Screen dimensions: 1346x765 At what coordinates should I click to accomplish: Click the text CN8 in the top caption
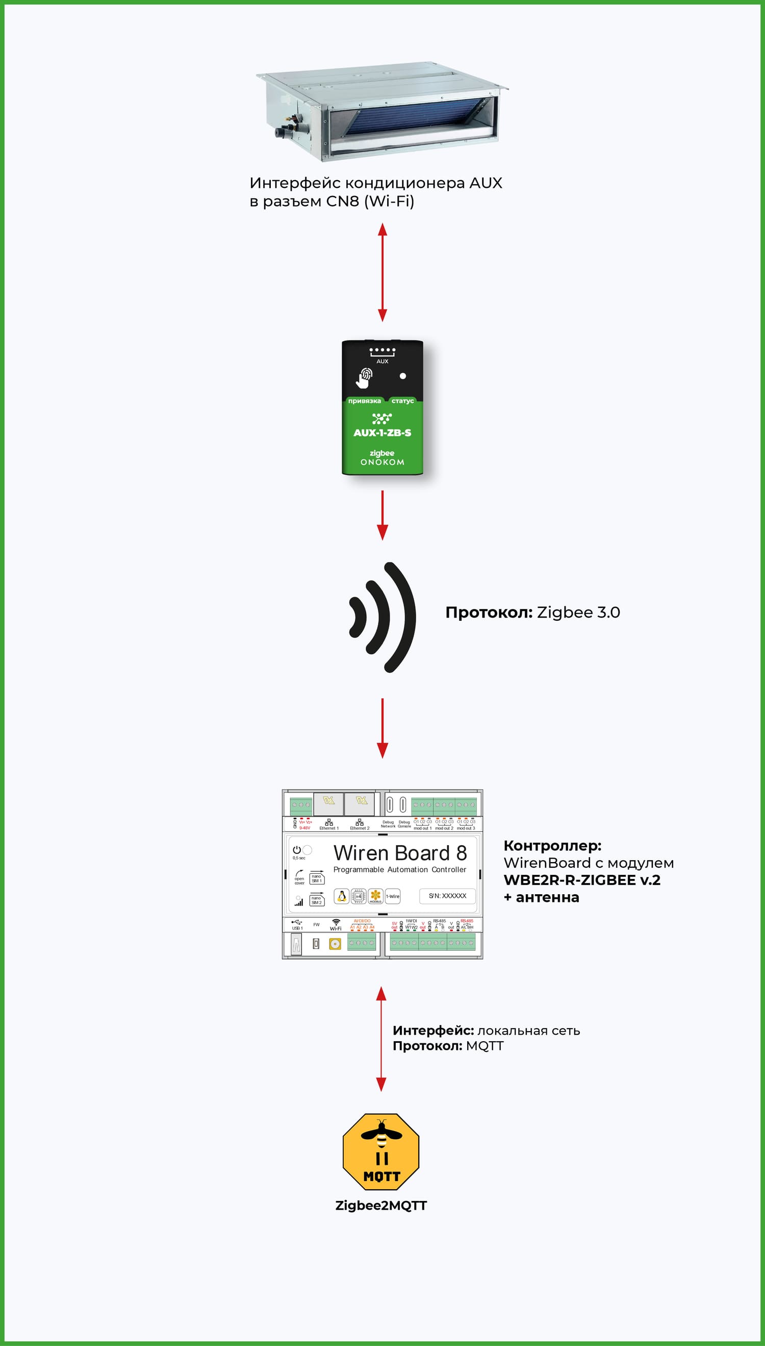343,201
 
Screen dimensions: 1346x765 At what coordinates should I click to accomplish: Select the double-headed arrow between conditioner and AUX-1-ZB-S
382,272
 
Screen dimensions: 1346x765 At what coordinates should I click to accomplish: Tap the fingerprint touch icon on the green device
365,377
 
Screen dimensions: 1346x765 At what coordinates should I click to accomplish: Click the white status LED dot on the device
402,376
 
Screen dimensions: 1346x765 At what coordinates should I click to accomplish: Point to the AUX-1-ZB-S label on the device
382,433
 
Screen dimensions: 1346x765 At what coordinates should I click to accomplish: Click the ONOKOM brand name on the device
382,462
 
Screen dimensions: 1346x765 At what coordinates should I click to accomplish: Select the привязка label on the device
364,401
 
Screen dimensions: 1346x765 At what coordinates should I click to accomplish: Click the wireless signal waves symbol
384,617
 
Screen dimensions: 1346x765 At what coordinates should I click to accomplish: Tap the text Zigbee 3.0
578,613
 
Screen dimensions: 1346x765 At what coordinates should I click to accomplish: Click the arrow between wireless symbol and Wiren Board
382,728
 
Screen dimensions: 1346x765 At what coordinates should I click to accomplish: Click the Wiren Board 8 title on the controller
400,852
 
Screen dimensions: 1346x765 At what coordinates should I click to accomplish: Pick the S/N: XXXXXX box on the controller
447,896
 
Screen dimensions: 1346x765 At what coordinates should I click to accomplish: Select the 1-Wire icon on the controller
393,896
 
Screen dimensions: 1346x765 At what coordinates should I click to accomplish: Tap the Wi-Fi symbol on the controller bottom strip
336,922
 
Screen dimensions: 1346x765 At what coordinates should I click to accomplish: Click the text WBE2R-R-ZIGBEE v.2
581,880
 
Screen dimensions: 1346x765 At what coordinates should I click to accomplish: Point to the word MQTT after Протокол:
484,1046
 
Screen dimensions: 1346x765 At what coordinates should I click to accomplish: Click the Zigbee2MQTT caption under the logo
381,1206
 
